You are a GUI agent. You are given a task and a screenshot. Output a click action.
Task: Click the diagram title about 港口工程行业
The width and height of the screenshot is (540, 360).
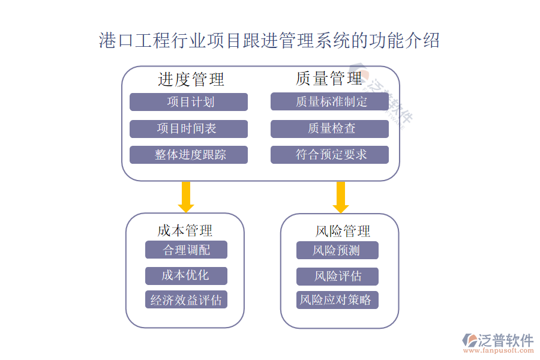click(269, 41)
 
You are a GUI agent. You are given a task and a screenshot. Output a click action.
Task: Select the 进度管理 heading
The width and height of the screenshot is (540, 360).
click(191, 79)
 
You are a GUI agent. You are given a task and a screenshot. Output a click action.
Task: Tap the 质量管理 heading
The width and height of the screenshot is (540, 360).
click(329, 78)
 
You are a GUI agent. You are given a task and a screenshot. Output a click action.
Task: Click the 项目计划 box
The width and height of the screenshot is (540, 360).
click(188, 102)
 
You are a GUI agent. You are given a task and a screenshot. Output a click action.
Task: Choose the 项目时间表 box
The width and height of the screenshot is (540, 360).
click(188, 128)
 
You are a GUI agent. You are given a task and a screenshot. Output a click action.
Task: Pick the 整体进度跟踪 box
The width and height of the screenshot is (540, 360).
click(188, 155)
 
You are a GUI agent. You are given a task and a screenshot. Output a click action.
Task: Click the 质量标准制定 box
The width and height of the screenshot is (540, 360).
click(329, 101)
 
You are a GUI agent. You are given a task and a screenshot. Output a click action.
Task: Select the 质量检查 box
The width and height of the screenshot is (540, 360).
click(329, 128)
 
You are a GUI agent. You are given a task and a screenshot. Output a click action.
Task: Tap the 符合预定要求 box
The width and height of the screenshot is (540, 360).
click(329, 155)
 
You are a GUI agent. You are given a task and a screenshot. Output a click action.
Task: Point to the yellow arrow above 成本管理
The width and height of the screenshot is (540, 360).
click(186, 196)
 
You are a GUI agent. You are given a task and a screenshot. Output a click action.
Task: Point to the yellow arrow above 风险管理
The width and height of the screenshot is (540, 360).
click(341, 197)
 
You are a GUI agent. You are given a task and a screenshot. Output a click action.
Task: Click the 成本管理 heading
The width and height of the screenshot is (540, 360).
click(185, 230)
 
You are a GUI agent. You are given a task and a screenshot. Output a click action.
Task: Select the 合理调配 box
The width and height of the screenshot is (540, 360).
click(186, 250)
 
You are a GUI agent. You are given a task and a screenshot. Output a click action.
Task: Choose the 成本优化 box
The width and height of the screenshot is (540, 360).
click(186, 275)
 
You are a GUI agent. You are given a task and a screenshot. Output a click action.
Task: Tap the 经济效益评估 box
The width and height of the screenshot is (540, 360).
click(186, 300)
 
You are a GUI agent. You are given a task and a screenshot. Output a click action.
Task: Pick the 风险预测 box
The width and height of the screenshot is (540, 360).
click(337, 250)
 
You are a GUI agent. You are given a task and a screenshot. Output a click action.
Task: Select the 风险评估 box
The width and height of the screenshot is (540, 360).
click(337, 276)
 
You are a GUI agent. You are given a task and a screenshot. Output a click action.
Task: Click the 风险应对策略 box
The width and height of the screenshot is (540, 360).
click(337, 300)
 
